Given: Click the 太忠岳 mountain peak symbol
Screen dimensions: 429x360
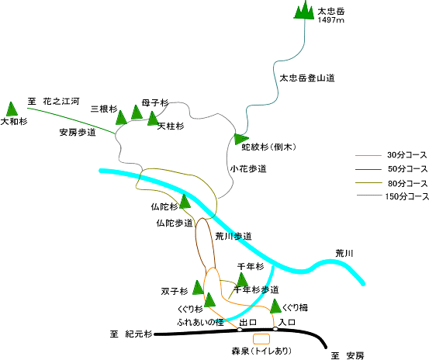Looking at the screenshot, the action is coord(304,10).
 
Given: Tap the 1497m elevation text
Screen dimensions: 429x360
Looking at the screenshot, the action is coord(330,20).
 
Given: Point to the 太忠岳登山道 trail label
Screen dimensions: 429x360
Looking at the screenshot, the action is coord(307,78).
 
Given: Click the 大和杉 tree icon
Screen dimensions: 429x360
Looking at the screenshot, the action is coord(12,109).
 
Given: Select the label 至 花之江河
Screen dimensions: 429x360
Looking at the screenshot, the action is coord(54,101).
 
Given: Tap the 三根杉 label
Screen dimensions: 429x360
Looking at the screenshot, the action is coord(104,109).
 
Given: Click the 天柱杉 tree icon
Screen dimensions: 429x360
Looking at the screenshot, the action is coord(153,119).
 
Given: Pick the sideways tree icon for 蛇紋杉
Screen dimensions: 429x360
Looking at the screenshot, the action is coord(241,139).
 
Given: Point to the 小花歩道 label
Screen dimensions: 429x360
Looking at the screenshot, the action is coord(248,169).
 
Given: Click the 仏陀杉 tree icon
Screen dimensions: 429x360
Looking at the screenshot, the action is coord(185,202).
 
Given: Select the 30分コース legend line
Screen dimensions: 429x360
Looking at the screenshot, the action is coord(368,156).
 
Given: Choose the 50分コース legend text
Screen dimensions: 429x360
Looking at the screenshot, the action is coord(407,169).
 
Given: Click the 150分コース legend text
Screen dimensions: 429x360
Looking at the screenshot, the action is coord(407,196).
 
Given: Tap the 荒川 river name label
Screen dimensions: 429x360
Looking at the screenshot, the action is coord(344,253).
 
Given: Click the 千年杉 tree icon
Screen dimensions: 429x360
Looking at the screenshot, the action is coord(242,279).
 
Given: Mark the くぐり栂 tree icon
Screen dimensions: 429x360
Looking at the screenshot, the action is coord(275,306).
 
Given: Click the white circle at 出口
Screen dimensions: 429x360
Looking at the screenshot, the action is coord(240,330).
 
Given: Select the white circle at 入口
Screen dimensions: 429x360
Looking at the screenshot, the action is coord(275,328).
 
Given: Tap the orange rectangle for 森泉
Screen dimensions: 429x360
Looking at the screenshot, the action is coord(261,339).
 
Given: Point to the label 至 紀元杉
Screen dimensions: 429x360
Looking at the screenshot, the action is coord(131,334).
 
